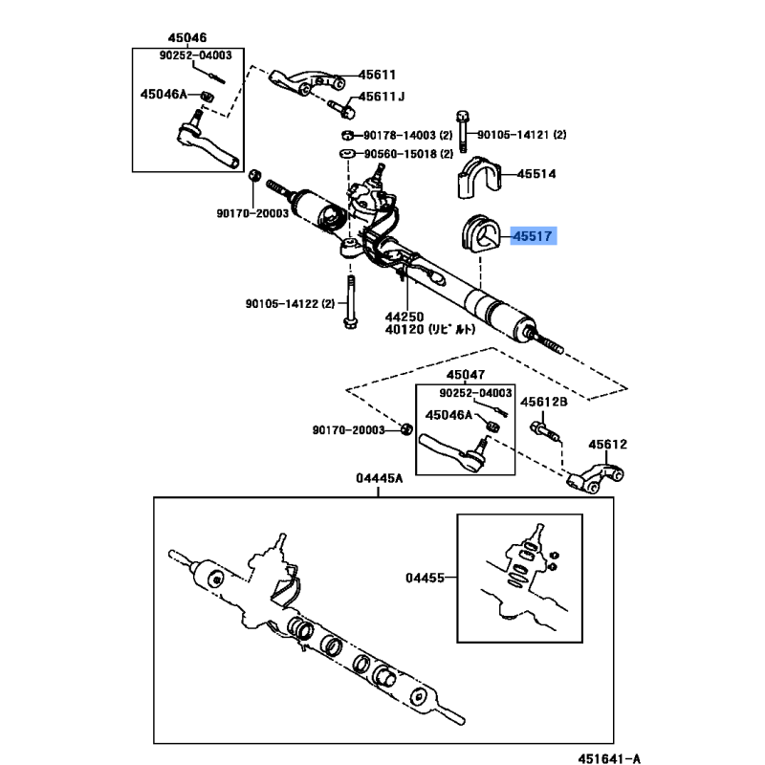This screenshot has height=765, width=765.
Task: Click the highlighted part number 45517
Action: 534,235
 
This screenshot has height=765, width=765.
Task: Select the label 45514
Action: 536,175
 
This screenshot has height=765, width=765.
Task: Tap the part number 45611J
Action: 382,97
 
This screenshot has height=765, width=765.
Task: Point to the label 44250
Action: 404,316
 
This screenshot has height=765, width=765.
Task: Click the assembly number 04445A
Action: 380,478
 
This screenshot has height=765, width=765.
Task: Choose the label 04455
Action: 425,578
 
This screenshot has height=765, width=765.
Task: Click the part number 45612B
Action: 543,403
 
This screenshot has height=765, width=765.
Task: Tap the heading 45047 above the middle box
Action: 466,378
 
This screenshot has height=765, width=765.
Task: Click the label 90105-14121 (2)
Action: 521,135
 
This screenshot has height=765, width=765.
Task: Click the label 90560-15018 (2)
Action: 406,154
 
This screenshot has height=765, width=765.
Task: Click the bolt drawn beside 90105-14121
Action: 462,131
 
